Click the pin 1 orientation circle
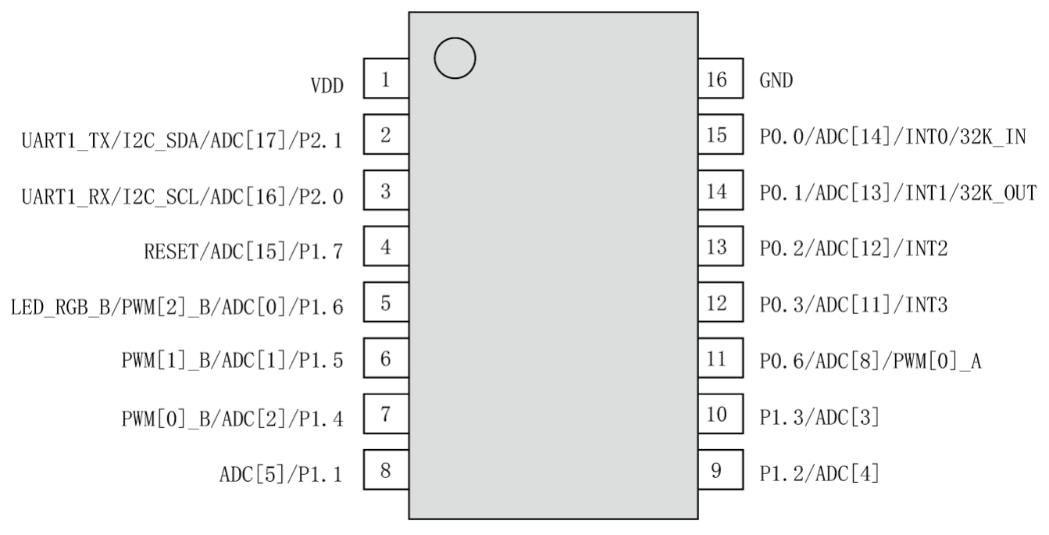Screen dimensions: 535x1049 point(454,59)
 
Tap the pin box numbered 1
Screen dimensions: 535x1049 point(386,80)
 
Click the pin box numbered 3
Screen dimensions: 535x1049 point(386,192)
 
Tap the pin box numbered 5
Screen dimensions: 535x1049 point(386,304)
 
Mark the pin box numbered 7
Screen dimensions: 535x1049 point(386,416)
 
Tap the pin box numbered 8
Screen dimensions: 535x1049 point(386,472)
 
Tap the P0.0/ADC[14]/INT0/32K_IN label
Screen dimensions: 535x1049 point(892,137)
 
